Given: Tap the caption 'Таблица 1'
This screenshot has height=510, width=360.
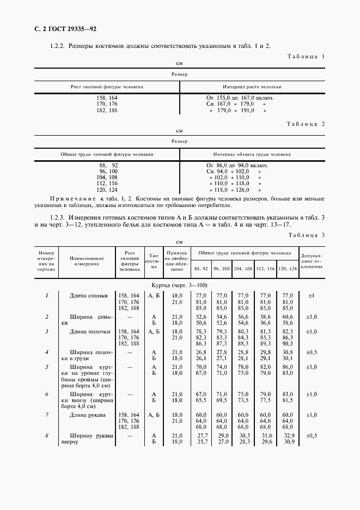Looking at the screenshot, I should click(306, 56).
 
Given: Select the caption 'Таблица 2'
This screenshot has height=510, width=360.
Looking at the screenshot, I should click(306, 124).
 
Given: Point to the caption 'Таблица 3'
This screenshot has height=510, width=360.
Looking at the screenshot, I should click(306, 220).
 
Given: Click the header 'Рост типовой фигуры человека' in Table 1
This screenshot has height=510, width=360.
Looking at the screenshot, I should click(107, 87).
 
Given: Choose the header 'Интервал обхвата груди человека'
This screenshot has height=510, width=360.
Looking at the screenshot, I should click(252, 154).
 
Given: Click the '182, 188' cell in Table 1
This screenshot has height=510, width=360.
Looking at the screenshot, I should click(107, 111).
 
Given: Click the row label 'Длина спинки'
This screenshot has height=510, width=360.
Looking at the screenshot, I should click(89, 296).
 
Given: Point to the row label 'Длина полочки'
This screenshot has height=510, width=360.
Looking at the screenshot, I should click(90, 332).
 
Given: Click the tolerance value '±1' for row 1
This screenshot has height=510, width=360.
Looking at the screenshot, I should click(312, 296).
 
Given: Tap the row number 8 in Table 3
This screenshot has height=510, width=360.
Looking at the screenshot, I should click(47, 436).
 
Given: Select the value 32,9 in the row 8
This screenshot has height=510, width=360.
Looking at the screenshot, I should click(288, 436).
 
